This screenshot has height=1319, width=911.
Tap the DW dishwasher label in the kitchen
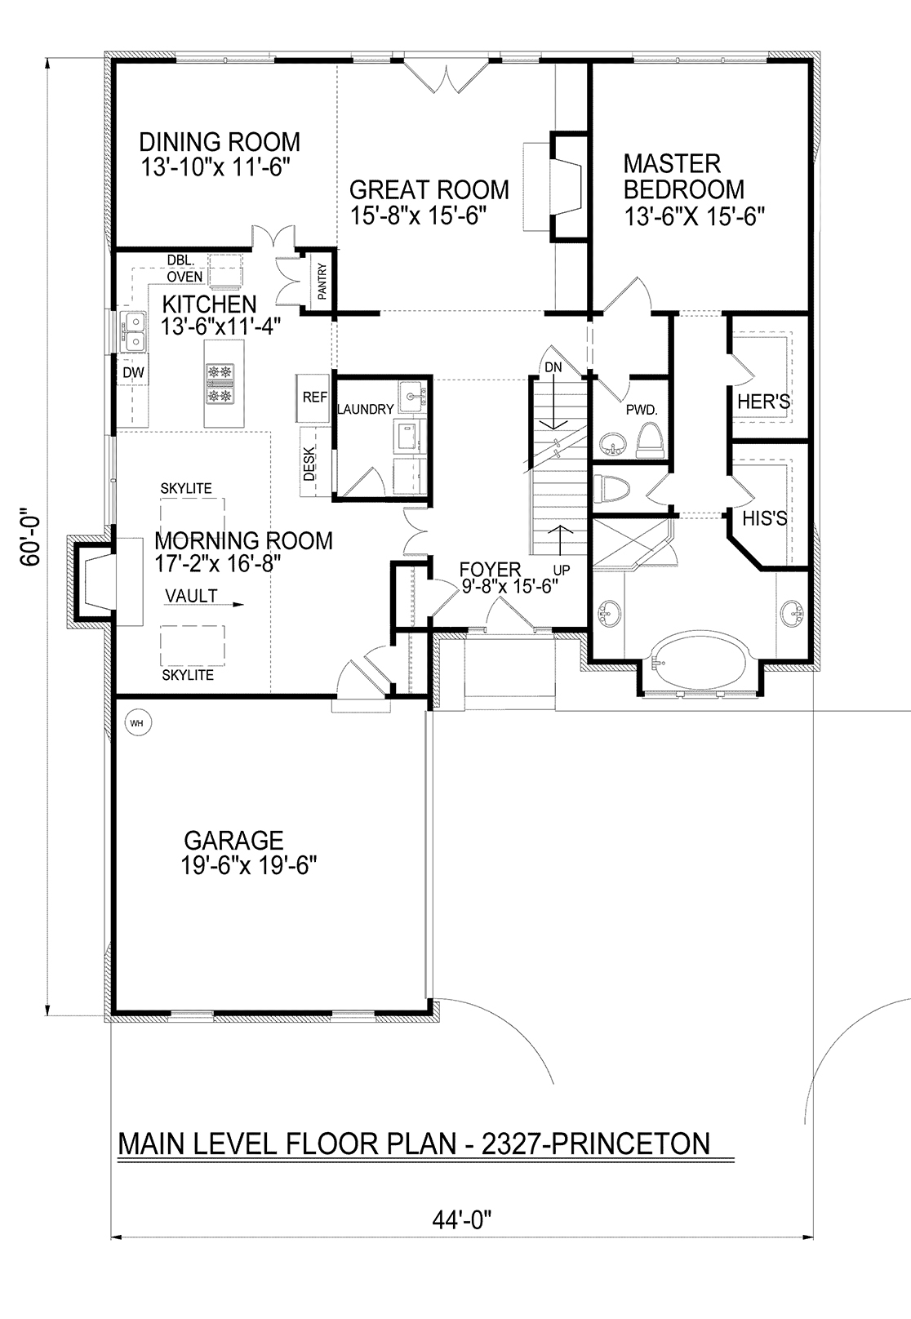133,372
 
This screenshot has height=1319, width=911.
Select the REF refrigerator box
313,397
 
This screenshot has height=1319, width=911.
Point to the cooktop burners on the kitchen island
220,384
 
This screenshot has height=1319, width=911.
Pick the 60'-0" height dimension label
31,536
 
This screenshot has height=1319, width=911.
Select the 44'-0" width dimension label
462,1221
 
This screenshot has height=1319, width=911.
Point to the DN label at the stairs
553,367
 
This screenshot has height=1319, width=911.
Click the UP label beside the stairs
561,570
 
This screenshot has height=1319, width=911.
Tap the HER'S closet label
764,402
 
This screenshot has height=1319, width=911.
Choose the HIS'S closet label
764,518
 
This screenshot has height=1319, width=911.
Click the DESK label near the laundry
309,463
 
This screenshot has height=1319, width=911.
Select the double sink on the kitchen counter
134,331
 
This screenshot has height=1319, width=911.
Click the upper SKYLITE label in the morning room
186,488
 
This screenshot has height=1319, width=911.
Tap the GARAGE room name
233,840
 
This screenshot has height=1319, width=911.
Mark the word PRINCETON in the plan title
631,1144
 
